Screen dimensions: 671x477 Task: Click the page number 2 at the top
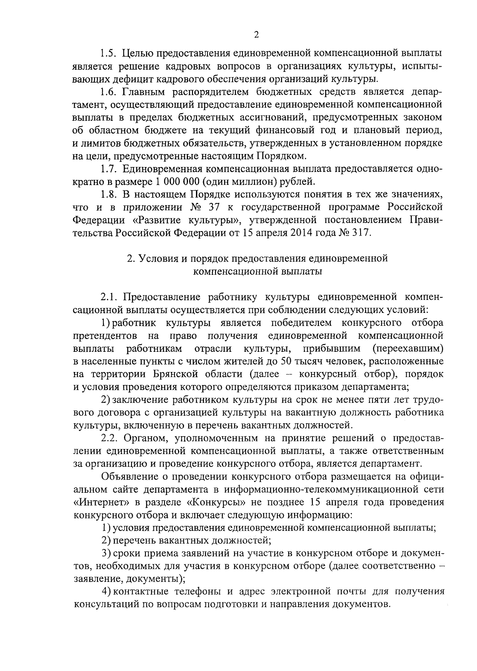(x=256, y=35)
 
